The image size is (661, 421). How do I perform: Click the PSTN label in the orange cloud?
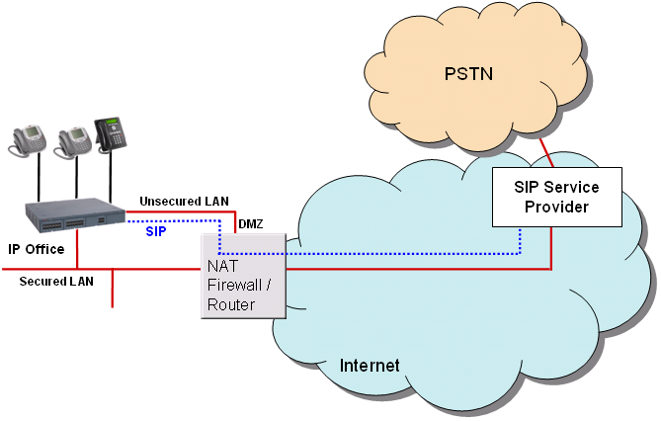(x=468, y=74)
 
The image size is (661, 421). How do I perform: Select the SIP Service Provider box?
(x=557, y=197)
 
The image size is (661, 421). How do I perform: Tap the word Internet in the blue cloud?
(x=370, y=366)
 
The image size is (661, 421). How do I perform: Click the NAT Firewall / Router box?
(x=243, y=276)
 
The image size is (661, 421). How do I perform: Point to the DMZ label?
(x=251, y=224)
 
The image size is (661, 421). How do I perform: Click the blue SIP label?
(x=156, y=231)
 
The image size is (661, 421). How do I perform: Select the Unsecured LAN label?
(x=184, y=202)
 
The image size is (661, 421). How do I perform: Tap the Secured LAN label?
(x=56, y=282)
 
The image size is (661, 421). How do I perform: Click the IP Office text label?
(x=37, y=249)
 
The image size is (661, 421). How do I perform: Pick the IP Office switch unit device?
(x=75, y=215)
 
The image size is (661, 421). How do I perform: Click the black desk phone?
(x=110, y=134)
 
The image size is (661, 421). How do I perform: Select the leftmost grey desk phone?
(x=28, y=140)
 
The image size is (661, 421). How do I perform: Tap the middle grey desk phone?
(x=72, y=142)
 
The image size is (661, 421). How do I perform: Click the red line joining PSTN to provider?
(x=546, y=153)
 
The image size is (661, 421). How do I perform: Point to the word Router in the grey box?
(x=231, y=304)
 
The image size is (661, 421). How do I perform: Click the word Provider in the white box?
(x=556, y=207)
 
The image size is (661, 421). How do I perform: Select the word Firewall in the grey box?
(x=235, y=286)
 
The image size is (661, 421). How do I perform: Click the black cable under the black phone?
(x=111, y=177)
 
